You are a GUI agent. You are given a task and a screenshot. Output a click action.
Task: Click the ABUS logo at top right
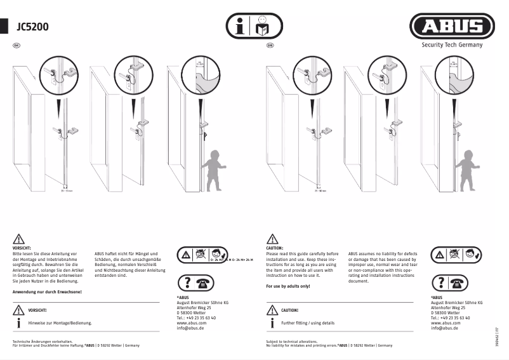pyautogui.click(x=452, y=27)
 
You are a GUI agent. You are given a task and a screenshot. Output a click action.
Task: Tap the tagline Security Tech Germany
pyautogui.click(x=452, y=45)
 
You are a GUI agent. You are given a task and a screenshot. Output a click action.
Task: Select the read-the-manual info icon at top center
pyautogui.click(x=255, y=27)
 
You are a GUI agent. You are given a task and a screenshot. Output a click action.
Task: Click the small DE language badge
pyautogui.click(x=17, y=46)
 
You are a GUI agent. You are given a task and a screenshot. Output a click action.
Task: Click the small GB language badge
pyautogui.click(x=270, y=46)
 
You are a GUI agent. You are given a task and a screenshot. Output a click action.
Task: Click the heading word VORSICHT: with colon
pyautogui.click(x=22, y=248)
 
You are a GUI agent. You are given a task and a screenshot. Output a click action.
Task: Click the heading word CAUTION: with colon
pyautogui.click(x=275, y=248)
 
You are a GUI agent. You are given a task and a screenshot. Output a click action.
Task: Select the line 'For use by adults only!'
pyautogui.click(x=288, y=286)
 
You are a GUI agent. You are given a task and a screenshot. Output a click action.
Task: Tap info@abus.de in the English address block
pyautogui.click(x=445, y=328)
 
